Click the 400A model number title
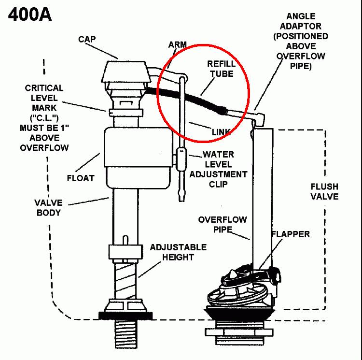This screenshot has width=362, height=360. [x=30, y=14]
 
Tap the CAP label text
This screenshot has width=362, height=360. [x=87, y=39]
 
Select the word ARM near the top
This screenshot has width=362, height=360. [x=177, y=44]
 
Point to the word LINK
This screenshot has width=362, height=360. [x=221, y=132]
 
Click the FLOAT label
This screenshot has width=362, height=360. [x=81, y=178]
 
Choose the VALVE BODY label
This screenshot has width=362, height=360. [x=48, y=207]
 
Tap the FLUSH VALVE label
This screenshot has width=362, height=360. [x=324, y=191]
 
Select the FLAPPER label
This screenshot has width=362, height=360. [x=291, y=234]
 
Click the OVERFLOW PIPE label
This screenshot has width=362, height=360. [x=223, y=224]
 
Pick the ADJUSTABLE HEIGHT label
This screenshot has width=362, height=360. [x=178, y=252]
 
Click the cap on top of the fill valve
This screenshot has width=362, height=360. [x=126, y=72]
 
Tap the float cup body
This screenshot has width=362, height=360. [x=139, y=158]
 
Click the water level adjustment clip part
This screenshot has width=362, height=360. [x=181, y=159]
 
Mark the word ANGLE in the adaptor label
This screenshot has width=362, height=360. [x=301, y=16]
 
